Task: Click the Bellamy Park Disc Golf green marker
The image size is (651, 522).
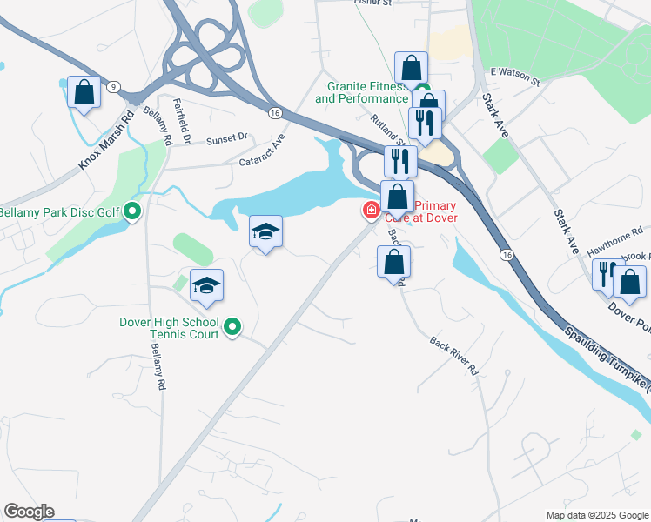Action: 132,211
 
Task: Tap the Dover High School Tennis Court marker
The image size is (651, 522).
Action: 232,328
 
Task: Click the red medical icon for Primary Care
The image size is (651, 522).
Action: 371,210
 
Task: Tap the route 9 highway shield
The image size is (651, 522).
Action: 113,86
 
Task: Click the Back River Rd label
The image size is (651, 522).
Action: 453,356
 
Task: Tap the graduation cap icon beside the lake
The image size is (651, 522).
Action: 265,231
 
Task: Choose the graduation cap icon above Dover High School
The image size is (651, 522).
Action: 207,285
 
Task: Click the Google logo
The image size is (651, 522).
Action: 29,512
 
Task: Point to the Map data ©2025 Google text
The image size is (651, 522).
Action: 596,515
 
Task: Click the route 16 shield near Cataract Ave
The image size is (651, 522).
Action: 274,113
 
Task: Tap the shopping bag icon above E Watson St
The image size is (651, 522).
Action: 411,68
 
